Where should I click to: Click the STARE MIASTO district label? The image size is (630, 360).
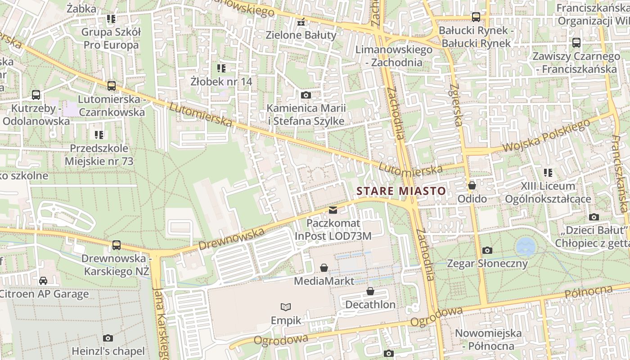pyautogui.click(x=401, y=191)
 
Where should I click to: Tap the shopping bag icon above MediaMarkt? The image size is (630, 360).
pyautogui.click(x=324, y=268)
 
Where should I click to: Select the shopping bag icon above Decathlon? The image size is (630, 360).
pyautogui.click(x=370, y=292)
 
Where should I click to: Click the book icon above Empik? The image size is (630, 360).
pyautogui.click(x=286, y=307)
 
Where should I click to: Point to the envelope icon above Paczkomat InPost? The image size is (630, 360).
pyautogui.click(x=333, y=210)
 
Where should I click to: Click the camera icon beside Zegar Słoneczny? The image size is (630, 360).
pyautogui.click(x=487, y=250)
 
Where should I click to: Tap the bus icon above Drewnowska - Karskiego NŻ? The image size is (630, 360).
pyautogui.click(x=117, y=245)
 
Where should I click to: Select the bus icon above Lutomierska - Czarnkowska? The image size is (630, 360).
pyautogui.click(x=112, y=85)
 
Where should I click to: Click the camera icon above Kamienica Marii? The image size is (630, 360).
pyautogui.click(x=306, y=95)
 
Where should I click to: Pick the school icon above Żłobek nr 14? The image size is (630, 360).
pyautogui.click(x=221, y=68)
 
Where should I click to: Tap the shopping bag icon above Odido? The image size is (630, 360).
pyautogui.click(x=472, y=185)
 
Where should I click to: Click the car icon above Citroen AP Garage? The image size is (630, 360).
pyautogui.click(x=43, y=281)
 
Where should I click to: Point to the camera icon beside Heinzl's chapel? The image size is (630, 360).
pyautogui.click(x=108, y=338)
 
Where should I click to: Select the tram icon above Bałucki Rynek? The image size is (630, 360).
pyautogui.click(x=476, y=17)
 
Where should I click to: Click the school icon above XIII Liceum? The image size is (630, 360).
pyautogui.click(x=548, y=172)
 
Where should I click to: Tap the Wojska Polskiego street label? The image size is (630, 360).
pyautogui.click(x=545, y=136)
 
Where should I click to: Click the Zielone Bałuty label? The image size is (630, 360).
pyautogui.click(x=301, y=35)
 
